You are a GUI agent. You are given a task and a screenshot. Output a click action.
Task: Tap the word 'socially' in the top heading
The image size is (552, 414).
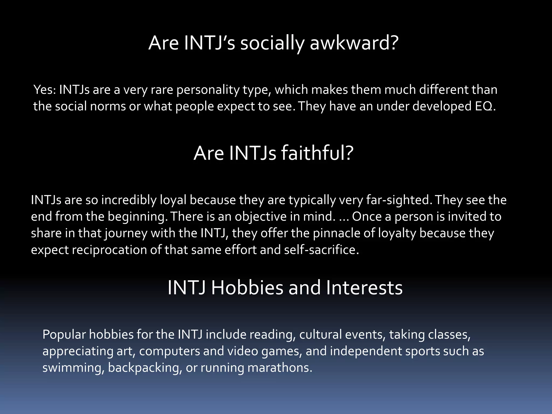[x=272, y=44]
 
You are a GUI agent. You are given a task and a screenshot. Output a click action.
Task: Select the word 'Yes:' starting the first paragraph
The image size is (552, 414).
[x=44, y=90]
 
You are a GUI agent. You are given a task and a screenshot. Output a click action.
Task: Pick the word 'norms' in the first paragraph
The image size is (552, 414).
[x=108, y=106]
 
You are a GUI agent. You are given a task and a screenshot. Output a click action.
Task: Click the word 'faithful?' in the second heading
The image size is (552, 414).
[x=317, y=153]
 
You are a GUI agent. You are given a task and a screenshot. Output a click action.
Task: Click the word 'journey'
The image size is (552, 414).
[x=126, y=234]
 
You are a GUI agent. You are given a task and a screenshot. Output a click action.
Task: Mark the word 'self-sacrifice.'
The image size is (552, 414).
[x=322, y=250]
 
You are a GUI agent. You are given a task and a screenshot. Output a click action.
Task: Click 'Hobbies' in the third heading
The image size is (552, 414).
[x=247, y=288]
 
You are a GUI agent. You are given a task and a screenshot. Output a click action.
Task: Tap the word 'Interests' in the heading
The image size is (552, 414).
[x=364, y=288]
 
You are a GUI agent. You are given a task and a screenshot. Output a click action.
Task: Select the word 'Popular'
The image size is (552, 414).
[x=64, y=335]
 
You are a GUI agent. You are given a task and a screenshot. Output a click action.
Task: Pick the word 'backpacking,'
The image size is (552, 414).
[x=145, y=368]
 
